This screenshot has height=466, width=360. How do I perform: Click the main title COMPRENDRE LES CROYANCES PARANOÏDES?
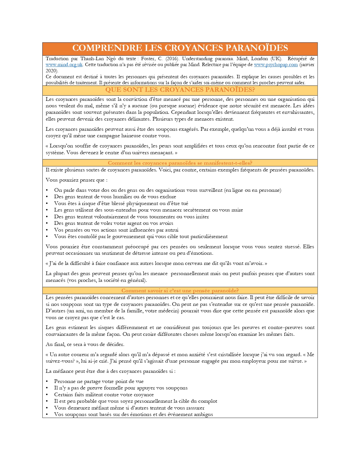[180, 48]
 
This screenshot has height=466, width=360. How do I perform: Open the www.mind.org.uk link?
[64, 65]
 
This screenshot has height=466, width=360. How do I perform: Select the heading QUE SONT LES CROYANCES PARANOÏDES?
[180, 90]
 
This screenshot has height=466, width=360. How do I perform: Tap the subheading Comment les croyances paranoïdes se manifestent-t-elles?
[180, 163]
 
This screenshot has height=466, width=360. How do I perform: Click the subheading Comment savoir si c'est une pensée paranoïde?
[180, 291]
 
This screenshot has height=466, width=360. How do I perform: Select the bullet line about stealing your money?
[114, 223]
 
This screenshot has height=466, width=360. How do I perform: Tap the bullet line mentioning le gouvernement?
[141, 236]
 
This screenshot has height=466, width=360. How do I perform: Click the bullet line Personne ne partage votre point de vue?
[99, 381]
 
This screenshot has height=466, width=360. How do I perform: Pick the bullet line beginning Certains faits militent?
[104, 395]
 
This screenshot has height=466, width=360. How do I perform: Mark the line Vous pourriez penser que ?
[77, 180]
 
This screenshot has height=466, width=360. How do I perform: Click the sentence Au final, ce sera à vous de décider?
[85, 344]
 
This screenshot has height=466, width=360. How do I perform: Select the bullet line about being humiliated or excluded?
[115, 197]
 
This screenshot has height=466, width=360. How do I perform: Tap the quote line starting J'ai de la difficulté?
[156, 263]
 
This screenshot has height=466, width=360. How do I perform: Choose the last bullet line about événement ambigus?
[133, 414]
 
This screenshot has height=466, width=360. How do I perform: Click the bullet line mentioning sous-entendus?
[149, 210]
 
